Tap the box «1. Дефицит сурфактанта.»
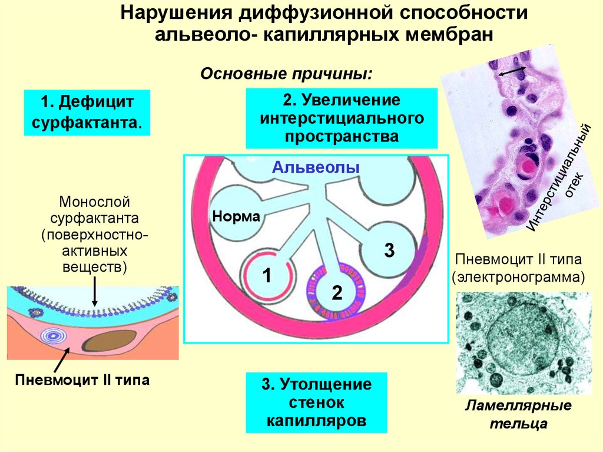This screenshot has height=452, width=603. pyautogui.click(x=87, y=112)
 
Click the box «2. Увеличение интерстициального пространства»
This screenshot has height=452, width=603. pyautogui.click(x=342, y=118)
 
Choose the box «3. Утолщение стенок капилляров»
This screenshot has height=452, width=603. pyautogui.click(x=317, y=403)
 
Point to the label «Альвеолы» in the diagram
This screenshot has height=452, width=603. pyautogui.click(x=316, y=167)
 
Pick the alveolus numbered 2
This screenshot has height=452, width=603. pyautogui.click(x=336, y=291)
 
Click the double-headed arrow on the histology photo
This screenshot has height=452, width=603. pyautogui.click(x=511, y=72)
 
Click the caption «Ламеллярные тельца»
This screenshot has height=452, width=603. pyautogui.click(x=518, y=414)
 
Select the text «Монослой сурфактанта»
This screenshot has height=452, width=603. pyautogui.click(x=94, y=211)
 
